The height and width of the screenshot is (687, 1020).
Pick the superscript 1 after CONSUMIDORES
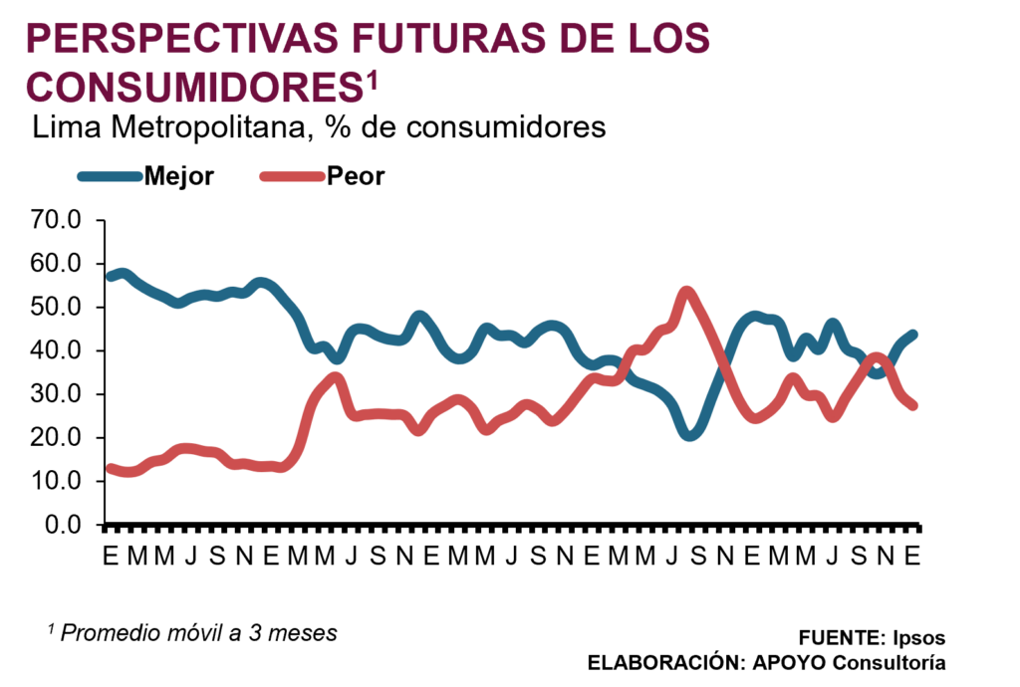pyautogui.click(x=372, y=80)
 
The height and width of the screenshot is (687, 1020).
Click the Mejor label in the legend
pyautogui.click(x=179, y=177)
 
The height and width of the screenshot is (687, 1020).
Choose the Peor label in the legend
pyautogui.click(x=356, y=177)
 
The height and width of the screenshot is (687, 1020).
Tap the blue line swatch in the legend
pyautogui.click(x=110, y=177)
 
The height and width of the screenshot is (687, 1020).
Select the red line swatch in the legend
pyautogui.click(x=292, y=177)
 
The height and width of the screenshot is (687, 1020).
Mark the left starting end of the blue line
pyautogui.click(x=111, y=277)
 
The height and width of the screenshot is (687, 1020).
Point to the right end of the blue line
pyautogui.click(x=914, y=334)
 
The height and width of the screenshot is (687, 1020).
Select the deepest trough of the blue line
pyautogui.click(x=689, y=436)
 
